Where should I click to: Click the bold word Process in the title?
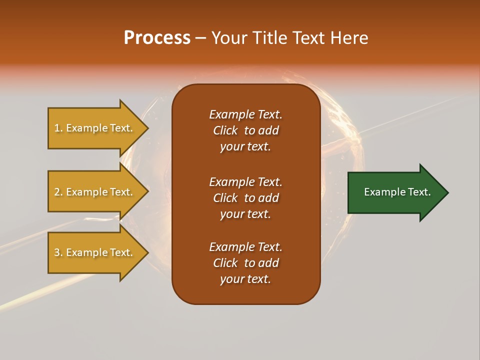(x=157, y=38)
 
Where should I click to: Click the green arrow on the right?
(x=395, y=192)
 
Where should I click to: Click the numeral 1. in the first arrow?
(x=58, y=128)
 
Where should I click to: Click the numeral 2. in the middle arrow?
(x=58, y=192)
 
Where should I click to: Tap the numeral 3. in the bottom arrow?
(x=58, y=252)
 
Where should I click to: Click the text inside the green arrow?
(x=397, y=192)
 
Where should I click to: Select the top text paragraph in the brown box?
(x=245, y=130)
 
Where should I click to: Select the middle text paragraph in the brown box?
(x=245, y=198)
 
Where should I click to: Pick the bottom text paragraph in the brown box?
(x=245, y=263)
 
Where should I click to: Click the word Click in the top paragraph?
(x=225, y=130)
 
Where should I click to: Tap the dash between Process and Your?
(x=200, y=38)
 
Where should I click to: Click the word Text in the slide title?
(x=307, y=38)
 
